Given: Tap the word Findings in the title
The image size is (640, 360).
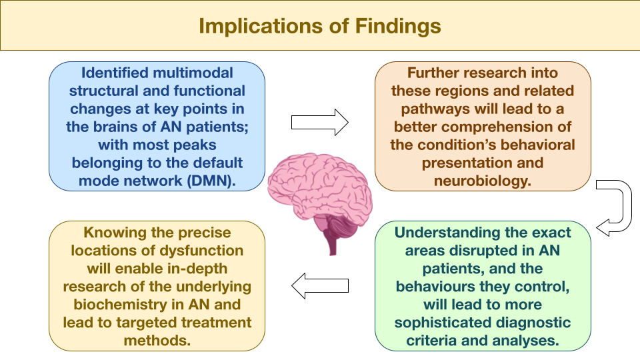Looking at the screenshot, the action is pyautogui.click(x=398, y=27).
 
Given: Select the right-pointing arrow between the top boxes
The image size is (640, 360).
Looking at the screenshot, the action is pyautogui.click(x=319, y=123).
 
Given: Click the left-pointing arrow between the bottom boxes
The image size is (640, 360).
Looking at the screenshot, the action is pyautogui.click(x=320, y=286).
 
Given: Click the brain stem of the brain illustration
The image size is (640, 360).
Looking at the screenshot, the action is pyautogui.click(x=333, y=243).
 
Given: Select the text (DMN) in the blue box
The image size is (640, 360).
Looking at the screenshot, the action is pyautogui.click(x=211, y=181).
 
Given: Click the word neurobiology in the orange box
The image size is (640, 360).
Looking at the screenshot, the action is pyautogui.click(x=483, y=181).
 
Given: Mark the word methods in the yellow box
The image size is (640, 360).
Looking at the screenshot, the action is pyautogui.click(x=157, y=341).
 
